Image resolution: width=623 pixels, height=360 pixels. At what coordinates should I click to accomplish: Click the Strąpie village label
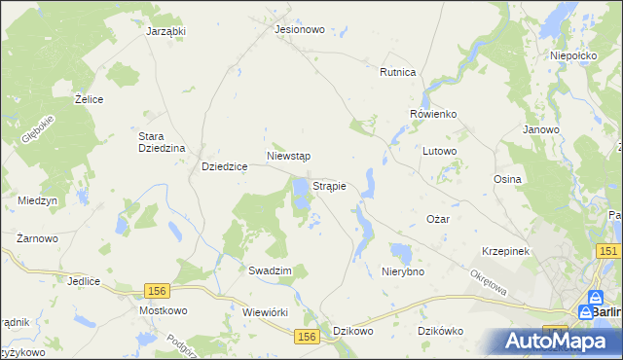click(x=329, y=185)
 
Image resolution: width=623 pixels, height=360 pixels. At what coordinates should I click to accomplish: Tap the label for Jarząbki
click(x=165, y=31)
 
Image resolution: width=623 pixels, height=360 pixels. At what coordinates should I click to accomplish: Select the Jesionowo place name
click(x=299, y=30)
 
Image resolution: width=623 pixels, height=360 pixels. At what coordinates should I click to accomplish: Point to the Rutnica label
click(x=398, y=72)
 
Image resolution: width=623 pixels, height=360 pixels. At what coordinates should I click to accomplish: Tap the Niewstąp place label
click(x=288, y=156)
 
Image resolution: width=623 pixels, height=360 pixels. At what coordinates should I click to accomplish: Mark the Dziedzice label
click(x=224, y=166)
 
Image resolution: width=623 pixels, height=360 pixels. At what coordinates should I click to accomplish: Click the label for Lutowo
click(x=439, y=152)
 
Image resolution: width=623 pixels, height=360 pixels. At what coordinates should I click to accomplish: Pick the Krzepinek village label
click(x=504, y=251)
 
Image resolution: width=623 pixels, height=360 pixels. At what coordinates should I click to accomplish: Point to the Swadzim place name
click(x=270, y=271)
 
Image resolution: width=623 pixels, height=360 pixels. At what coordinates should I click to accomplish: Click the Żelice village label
click(x=90, y=99)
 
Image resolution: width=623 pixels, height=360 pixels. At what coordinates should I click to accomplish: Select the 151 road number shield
click(x=609, y=252)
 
